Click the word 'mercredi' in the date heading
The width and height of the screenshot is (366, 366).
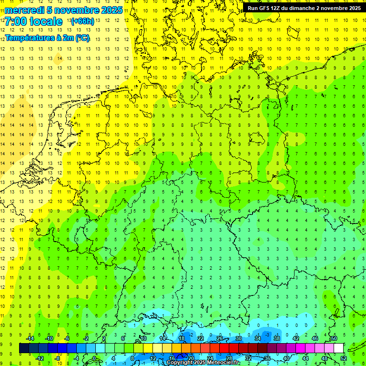24,10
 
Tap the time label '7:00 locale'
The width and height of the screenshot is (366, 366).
33,21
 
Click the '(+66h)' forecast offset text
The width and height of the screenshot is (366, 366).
82,21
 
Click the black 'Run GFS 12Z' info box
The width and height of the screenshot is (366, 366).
304,8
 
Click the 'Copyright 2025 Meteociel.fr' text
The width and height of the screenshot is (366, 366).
203,363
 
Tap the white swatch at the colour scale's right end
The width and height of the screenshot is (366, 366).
339,348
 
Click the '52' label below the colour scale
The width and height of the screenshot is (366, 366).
343,358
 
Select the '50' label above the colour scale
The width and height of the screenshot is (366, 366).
334,338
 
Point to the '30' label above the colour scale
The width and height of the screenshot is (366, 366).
239,338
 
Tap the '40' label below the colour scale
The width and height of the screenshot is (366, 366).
286,358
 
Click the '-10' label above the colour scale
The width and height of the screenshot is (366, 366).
48,338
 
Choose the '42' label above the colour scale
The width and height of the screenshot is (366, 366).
296,338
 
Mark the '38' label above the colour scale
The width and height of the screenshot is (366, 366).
277,338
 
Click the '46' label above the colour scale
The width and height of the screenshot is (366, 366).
315,338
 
